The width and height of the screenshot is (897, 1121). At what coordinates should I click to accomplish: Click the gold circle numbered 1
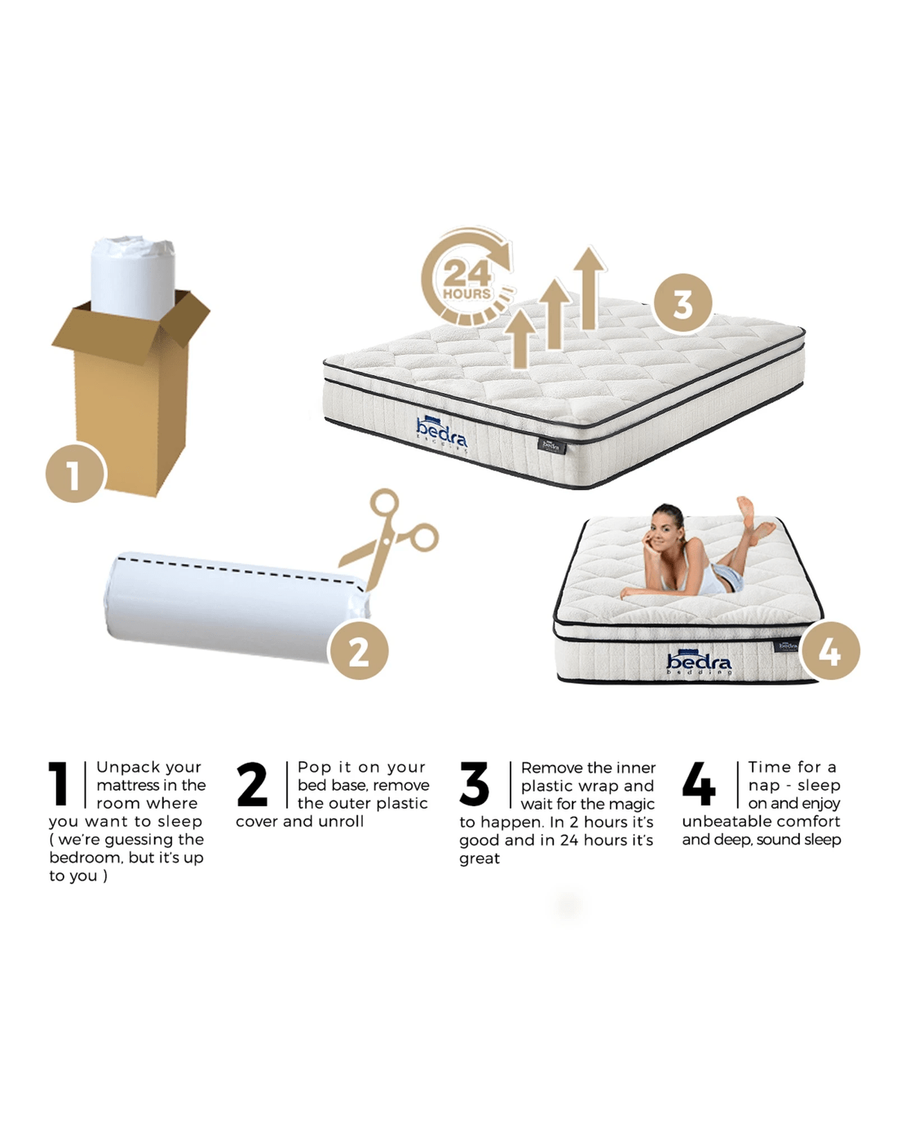pos(75,473)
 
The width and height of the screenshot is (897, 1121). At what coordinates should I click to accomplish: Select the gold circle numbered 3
pos(683,303)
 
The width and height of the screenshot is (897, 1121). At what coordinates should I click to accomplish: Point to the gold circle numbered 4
pos(830,651)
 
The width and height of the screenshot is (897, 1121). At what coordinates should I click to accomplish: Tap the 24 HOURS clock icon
pos(467,276)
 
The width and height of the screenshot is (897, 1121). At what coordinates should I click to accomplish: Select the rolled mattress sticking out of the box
pos(133,278)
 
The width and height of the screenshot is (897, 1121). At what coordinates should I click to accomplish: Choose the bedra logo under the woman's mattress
pos(698,661)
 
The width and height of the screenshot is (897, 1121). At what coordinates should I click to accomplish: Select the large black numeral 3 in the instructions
pos(474,783)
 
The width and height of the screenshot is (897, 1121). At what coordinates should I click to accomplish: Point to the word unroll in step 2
pos(341,822)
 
